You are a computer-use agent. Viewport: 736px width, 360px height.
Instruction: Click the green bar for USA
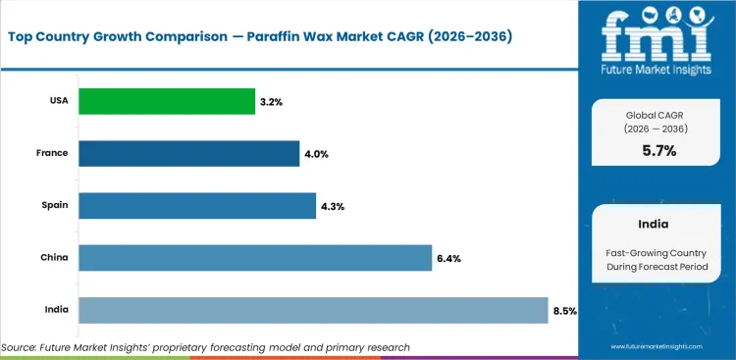point(167,101)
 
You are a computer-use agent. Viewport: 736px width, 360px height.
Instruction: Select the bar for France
point(188,153)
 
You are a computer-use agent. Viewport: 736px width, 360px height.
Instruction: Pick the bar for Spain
point(196,206)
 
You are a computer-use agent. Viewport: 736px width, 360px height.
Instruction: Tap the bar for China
point(254,258)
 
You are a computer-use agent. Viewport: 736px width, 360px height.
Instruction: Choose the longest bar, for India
point(312,310)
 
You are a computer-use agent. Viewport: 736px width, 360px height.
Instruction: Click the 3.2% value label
point(271,102)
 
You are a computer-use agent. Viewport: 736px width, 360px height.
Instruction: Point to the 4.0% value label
point(315,154)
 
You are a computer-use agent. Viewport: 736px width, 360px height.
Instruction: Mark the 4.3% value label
point(332,206)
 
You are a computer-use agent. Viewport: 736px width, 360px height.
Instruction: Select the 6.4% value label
point(448,259)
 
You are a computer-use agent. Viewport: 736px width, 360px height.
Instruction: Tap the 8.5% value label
point(564,311)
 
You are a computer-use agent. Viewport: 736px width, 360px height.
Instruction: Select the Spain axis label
point(55,206)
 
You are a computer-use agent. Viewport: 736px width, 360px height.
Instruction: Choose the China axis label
point(55,258)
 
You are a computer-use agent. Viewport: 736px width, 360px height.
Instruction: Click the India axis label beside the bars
point(56,310)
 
